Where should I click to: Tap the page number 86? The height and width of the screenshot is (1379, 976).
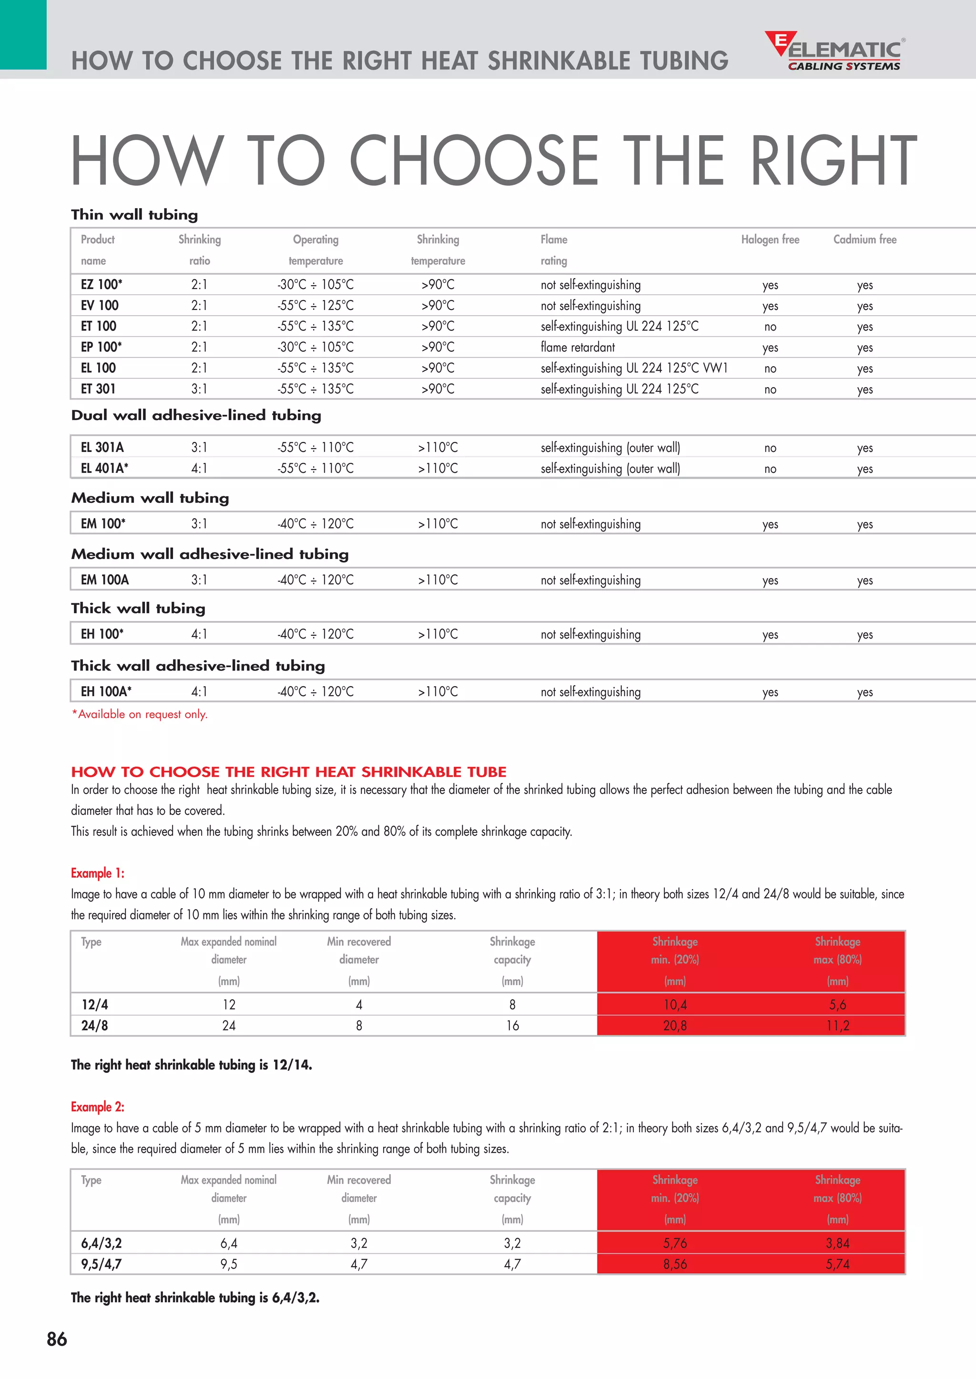57,1339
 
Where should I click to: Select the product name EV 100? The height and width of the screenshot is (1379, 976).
100,305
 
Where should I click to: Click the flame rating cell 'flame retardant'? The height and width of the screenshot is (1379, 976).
577,347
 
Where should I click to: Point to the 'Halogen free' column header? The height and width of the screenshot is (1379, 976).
770,240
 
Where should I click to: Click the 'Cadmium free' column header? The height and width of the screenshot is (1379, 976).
864,240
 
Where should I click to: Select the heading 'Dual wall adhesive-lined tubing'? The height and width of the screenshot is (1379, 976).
196,415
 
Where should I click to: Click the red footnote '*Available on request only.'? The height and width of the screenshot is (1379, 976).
140,714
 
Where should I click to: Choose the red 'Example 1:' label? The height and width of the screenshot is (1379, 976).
97,873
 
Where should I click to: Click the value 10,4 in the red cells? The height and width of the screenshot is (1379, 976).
674,1004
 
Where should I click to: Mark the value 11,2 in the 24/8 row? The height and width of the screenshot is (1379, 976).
837,1025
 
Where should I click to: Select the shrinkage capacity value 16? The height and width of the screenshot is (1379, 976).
512,1025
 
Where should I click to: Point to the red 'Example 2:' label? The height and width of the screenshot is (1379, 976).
97,1106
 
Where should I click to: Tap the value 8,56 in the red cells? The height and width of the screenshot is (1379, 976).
674,1264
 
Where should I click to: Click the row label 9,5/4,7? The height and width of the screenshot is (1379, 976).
101,1264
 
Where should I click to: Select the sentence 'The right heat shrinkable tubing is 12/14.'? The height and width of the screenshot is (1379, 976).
191,1065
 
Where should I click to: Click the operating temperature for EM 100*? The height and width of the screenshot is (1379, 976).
315,524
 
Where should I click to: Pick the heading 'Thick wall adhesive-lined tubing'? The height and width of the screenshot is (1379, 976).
198,666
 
